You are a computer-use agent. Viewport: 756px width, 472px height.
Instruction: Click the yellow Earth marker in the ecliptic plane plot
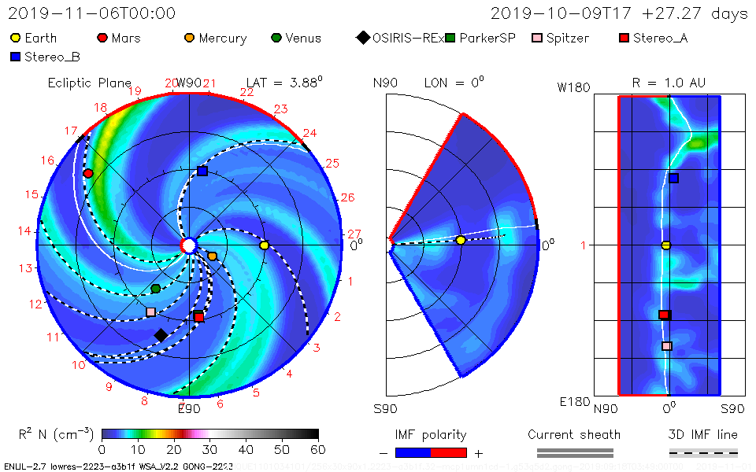pyautogui.click(x=264, y=245)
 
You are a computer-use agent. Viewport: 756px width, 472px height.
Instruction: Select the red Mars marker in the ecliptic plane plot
pyautogui.click(x=88, y=173)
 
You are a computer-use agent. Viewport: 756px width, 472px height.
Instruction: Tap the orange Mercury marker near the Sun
pyautogui.click(x=212, y=256)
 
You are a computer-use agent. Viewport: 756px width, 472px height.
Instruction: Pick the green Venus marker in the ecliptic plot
pyautogui.click(x=156, y=289)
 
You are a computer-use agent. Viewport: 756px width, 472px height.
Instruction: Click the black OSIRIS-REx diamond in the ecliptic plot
pyautogui.click(x=161, y=335)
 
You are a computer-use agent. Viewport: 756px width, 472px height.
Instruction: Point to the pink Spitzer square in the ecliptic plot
pyautogui.click(x=150, y=312)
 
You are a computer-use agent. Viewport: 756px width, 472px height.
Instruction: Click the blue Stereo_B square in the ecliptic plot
pyautogui.click(x=202, y=171)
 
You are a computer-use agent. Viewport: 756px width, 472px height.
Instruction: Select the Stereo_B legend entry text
pyautogui.click(x=52, y=57)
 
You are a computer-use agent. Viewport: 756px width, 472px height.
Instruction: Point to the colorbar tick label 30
pyautogui.click(x=209, y=449)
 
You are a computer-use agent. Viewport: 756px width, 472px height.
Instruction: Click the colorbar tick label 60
pyautogui.click(x=318, y=449)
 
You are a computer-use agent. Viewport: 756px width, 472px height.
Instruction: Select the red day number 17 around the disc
pyautogui.click(x=71, y=131)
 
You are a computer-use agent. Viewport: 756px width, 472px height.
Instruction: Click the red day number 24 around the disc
pyautogui.click(x=309, y=133)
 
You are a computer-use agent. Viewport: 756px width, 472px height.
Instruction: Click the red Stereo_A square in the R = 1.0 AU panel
pyautogui.click(x=664, y=315)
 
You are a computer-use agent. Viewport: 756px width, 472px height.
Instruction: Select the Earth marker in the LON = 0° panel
pyautogui.click(x=461, y=240)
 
